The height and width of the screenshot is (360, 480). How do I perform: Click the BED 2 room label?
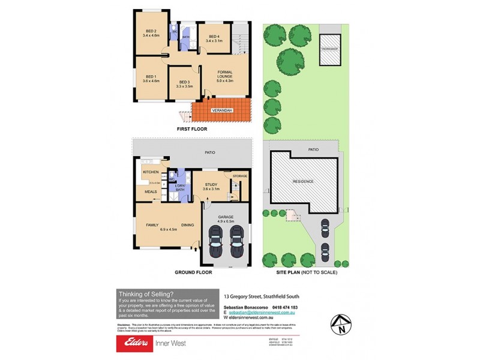coord(150,32)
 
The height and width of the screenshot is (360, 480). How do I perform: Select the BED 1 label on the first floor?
coord(151,76)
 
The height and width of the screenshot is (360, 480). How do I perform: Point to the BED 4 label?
coord(214,37)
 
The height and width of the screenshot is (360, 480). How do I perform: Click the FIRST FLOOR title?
coord(191,129)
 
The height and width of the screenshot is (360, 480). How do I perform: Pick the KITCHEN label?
coord(150,172)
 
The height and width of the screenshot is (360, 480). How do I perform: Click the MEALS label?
coord(151,192)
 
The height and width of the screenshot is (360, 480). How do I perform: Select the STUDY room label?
coord(211,185)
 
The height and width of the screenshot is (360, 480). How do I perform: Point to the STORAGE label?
coord(239,176)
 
